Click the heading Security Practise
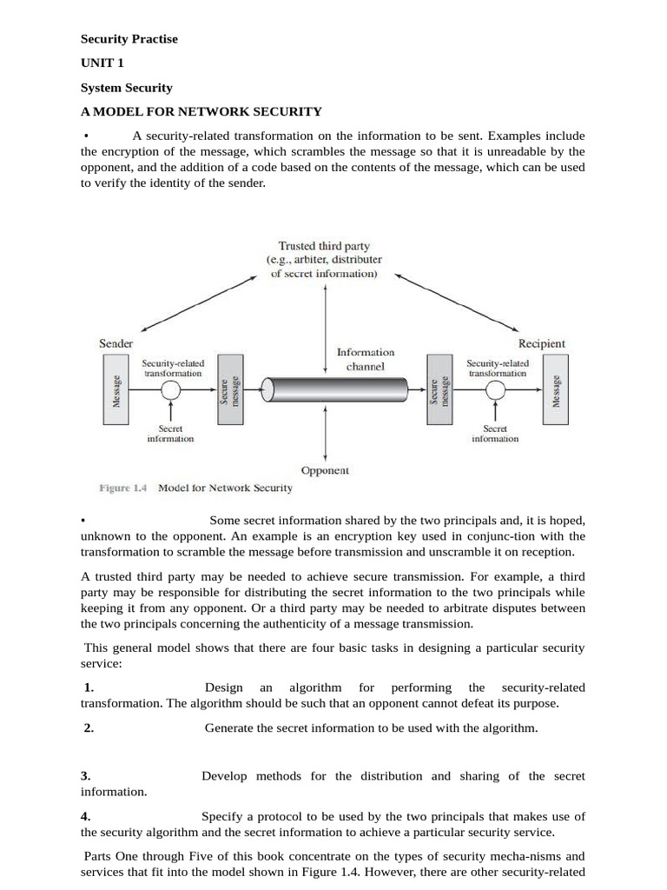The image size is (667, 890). [129, 39]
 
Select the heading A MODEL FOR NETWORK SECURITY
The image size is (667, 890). [201, 111]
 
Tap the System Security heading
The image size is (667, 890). [126, 88]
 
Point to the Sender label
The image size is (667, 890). [116, 343]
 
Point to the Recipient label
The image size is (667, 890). [542, 343]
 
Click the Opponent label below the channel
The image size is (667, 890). [325, 470]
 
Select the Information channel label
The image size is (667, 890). [365, 359]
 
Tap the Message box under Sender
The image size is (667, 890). [116, 390]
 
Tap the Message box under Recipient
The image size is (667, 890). [556, 390]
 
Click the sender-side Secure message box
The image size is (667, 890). [229, 390]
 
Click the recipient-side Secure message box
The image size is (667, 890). [439, 390]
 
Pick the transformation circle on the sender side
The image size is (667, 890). [171, 390]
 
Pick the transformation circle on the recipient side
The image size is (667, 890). [495, 390]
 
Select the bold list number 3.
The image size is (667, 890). [86, 775]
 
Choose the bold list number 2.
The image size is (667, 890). [89, 728]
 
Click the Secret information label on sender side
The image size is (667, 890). [170, 434]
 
